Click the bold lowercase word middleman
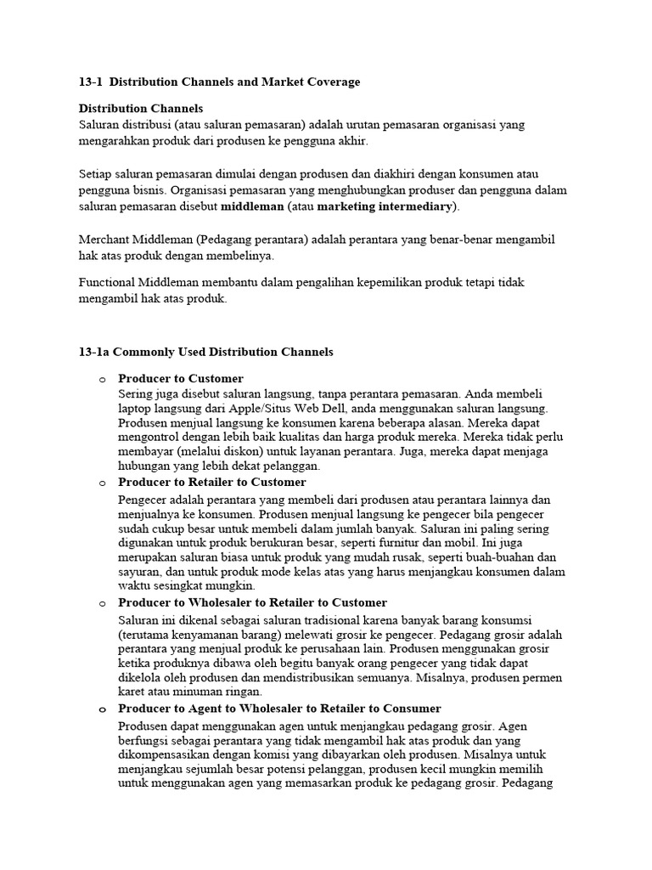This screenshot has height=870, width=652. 252,206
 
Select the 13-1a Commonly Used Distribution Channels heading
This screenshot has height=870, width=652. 205,352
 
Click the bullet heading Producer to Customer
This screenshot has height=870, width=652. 181,378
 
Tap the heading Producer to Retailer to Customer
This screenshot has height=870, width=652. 212,483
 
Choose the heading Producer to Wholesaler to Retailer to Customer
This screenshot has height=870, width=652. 252,602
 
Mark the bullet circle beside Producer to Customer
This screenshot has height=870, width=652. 100,379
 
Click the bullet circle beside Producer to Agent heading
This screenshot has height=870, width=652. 100,709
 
